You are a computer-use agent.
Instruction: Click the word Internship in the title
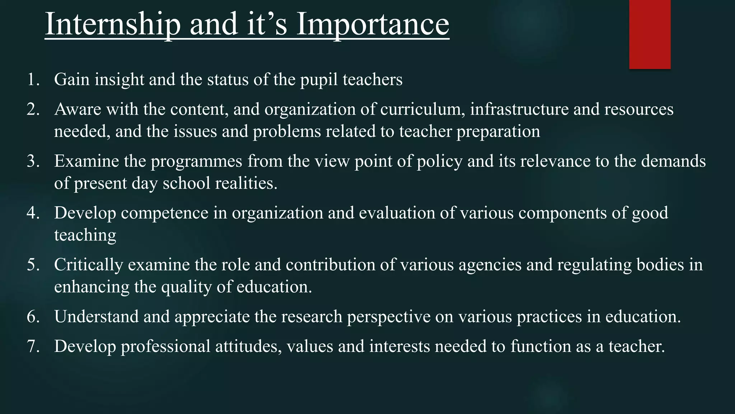click(112, 24)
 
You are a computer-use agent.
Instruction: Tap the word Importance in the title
click(373, 24)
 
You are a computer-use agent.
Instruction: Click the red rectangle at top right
click(650, 34)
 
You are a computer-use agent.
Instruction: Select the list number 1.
click(33, 79)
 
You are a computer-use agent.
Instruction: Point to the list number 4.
click(33, 213)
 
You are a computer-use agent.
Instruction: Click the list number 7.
click(33, 346)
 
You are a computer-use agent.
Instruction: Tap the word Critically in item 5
click(89, 265)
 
